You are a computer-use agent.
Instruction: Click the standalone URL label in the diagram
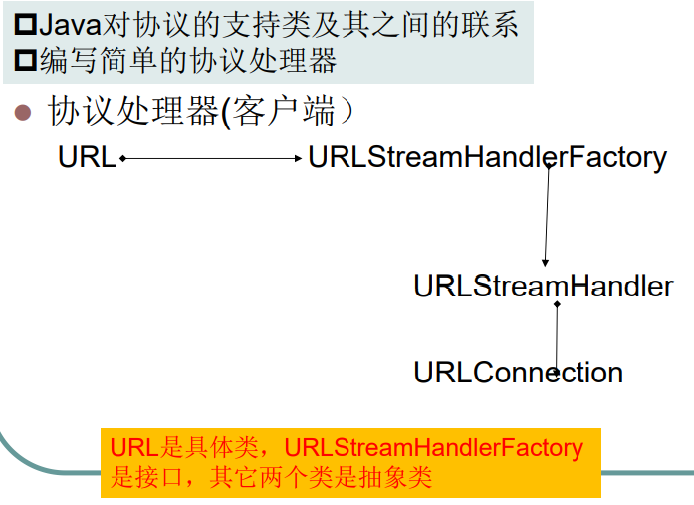[x=87, y=157]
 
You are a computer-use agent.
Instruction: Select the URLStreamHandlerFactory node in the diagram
[x=487, y=157]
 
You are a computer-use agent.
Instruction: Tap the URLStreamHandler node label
[x=543, y=287]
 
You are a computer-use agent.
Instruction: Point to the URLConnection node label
[x=518, y=373]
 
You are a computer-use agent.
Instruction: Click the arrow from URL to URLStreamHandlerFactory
[x=209, y=157]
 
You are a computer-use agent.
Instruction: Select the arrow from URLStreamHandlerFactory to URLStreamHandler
[x=546, y=214]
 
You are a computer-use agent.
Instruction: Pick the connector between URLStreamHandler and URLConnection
[x=557, y=337]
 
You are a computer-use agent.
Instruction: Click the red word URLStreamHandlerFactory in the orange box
[x=434, y=448]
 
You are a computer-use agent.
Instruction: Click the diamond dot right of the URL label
[x=122, y=157]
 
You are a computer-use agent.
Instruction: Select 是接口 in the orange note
[x=144, y=477]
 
